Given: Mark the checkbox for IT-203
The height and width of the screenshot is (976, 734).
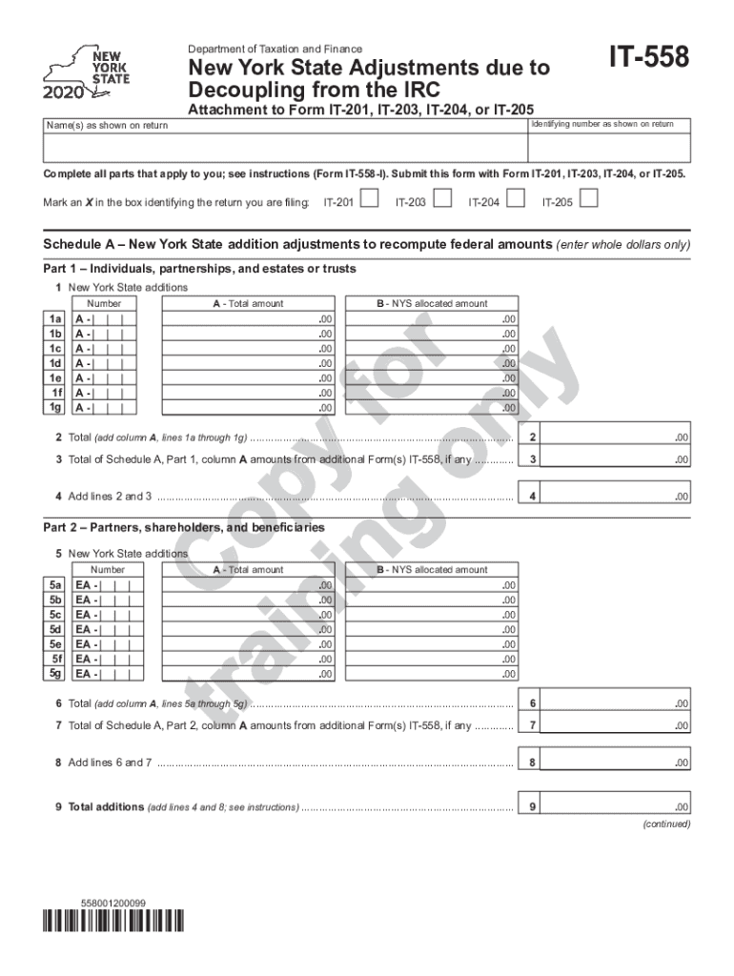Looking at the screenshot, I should [x=443, y=200].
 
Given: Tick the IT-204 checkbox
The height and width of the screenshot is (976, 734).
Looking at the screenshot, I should [x=516, y=200].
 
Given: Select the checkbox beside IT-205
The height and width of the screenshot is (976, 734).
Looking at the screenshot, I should [x=589, y=200].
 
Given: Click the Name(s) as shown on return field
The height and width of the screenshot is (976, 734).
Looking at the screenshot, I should [x=284, y=148].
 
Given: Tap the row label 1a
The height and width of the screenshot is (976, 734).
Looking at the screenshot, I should [x=56, y=319].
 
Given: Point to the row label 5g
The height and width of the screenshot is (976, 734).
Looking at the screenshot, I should [x=56, y=674].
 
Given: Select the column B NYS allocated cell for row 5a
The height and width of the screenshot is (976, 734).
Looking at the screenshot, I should [x=431, y=585].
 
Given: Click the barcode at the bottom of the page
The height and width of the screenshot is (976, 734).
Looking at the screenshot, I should [x=113, y=921].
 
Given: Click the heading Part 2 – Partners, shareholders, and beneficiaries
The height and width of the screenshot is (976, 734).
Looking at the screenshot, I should [x=184, y=528].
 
